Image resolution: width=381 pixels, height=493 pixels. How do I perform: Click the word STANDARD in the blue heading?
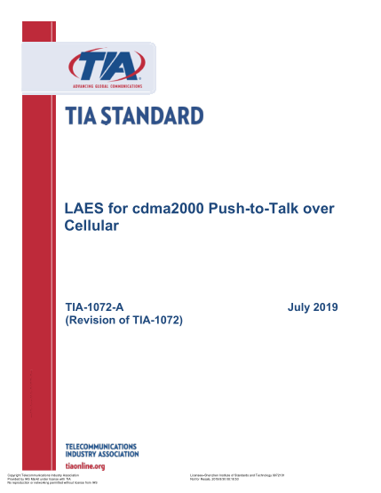(153, 115)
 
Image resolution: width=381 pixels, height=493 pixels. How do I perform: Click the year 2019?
(326, 306)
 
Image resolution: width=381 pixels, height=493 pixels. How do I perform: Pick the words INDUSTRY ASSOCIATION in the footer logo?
(103, 454)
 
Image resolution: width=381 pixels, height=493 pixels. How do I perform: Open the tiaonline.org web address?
(86, 465)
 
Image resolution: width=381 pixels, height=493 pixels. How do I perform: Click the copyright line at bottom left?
(44, 476)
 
